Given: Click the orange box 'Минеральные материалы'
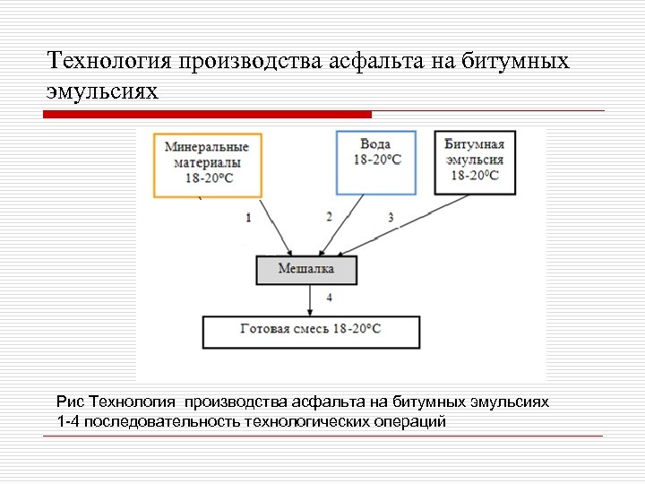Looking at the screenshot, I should [208, 164].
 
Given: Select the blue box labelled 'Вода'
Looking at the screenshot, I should [375, 162].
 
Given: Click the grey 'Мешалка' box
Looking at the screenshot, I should [306, 270].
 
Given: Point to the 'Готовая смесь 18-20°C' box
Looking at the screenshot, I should [310, 331].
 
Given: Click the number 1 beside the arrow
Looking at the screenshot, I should [248, 218].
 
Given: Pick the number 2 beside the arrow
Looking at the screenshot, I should [329, 217].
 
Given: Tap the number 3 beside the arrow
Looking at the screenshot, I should [391, 218].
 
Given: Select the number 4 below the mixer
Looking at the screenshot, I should [330, 297].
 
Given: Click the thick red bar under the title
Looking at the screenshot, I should [208, 115].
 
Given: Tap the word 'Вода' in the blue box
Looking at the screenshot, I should [375, 143].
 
